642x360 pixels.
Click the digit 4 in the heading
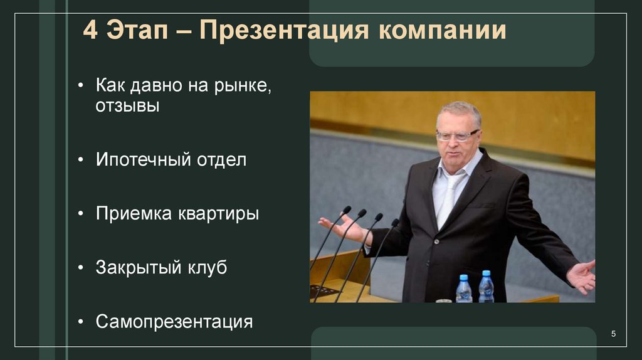tap(90, 31)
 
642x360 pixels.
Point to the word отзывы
tap(127, 106)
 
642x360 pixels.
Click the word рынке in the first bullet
tap(240, 84)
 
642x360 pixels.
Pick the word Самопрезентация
tap(174, 322)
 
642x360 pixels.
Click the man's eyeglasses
tap(457, 135)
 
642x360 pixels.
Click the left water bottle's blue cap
tap(463, 278)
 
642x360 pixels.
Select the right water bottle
tap(486, 289)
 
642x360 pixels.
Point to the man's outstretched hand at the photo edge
tap(581, 276)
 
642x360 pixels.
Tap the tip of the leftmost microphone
tap(347, 209)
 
